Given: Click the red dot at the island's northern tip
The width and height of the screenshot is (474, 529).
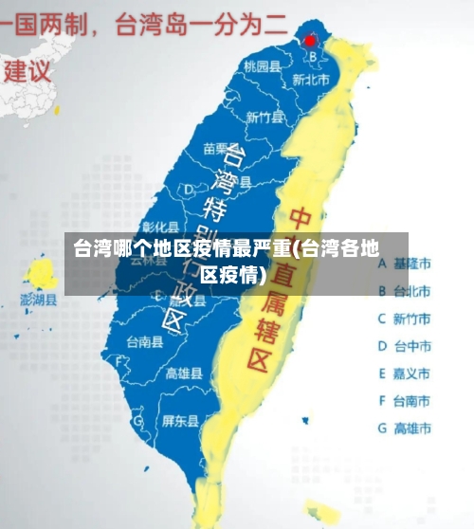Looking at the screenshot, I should pos(310,41).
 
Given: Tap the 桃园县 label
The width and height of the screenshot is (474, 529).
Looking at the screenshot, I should pos(262,66).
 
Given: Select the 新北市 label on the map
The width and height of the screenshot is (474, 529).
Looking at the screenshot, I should pos(310,81).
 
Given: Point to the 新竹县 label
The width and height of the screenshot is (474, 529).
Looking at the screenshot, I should pos(264,118).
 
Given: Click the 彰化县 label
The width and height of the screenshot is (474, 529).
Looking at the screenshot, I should pos(160,227).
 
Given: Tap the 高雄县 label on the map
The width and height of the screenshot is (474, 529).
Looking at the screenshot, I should pos(183,373).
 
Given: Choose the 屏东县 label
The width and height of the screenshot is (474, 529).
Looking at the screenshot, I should pos(180,420).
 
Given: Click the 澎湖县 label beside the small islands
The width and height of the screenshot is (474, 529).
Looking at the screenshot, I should pos(39,300).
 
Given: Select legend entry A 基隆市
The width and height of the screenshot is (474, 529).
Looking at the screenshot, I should pos(405,264).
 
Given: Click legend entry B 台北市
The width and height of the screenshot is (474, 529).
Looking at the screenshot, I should pos(405,291).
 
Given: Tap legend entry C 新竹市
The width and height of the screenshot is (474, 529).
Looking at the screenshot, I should pos(405,319).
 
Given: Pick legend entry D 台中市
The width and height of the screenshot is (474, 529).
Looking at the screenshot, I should pos(405,346).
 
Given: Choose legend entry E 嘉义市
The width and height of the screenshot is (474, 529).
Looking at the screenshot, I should pos(405,374).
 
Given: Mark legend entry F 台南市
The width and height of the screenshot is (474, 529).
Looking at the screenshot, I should pos(405,401).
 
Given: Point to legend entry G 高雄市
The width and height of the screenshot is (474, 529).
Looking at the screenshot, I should pos(405,429).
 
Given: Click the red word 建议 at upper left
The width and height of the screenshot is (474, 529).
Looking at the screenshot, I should pos(28,70).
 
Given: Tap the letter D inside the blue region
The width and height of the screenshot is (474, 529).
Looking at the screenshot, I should pos(189,191).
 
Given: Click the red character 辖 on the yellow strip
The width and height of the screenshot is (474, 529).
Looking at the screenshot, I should pos(262,327).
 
